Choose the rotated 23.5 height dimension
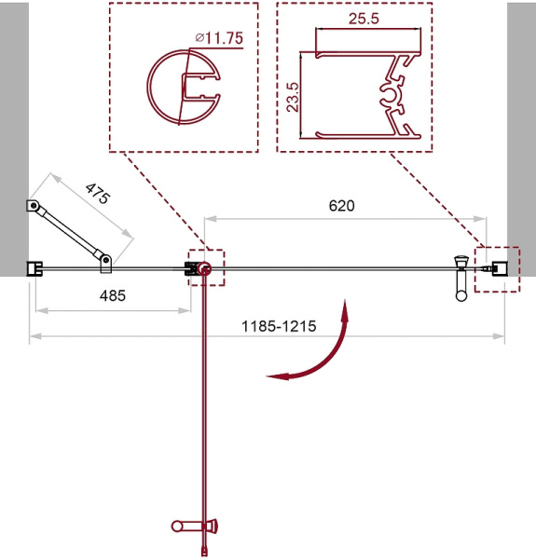pos(294,95)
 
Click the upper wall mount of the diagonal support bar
pos(32,207)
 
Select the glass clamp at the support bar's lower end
pos(106,265)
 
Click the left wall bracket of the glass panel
pos(34,269)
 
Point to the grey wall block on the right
pos(521,140)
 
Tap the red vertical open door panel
pos(202,401)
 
